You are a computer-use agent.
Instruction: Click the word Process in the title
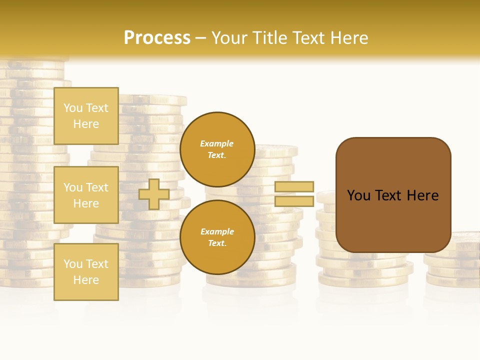(157, 38)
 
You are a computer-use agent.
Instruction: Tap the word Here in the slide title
(349, 38)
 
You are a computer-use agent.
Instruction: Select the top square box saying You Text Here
(86, 116)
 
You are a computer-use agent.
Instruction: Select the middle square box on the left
(86, 195)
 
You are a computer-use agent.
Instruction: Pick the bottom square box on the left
(86, 271)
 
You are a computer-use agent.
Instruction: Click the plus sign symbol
(153, 194)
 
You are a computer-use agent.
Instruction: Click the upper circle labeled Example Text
(217, 149)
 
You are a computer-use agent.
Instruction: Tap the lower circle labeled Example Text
(217, 237)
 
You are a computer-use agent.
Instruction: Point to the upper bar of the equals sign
(294, 186)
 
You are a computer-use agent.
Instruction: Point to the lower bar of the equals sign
(294, 201)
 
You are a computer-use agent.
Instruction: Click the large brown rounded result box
(393, 220)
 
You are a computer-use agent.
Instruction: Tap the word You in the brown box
(358, 195)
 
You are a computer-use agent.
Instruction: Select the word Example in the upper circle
(217, 143)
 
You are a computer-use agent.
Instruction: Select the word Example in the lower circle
(217, 231)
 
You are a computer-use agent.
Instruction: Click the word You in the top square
(73, 108)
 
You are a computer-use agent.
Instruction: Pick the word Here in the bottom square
(86, 280)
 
